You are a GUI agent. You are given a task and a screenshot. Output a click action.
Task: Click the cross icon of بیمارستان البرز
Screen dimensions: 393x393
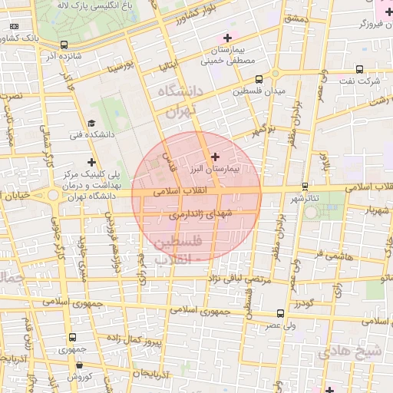point(215,157)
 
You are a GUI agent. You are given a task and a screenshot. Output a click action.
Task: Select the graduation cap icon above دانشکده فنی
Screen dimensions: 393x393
point(91,123)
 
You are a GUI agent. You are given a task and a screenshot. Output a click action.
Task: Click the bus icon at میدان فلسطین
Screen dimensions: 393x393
point(259,79)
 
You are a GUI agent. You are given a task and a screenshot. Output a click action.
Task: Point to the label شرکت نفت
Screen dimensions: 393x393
point(362,81)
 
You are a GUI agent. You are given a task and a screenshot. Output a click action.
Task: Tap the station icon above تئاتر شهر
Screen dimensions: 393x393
point(305,186)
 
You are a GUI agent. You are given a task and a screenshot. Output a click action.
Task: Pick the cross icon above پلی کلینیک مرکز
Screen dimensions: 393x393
point(91,162)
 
